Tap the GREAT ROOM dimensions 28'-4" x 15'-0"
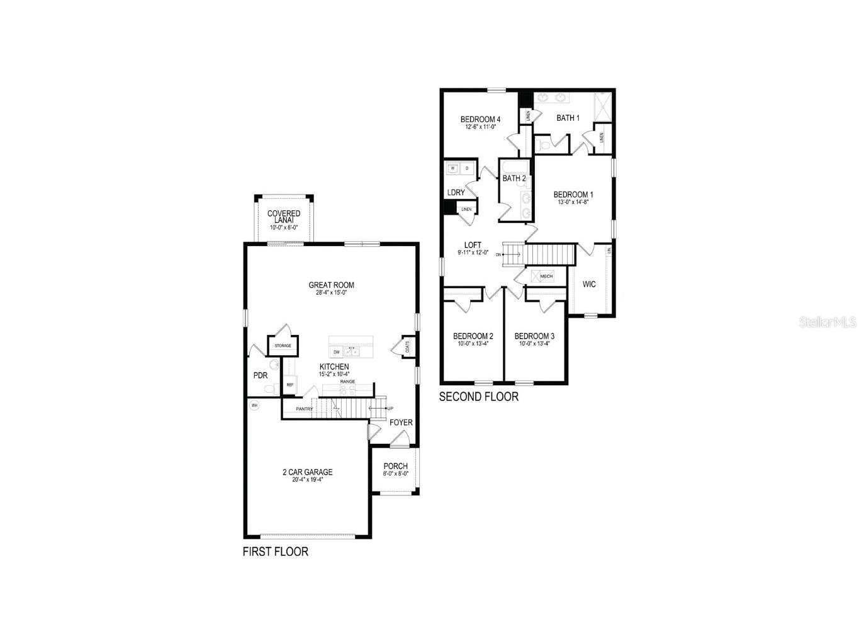(331, 293)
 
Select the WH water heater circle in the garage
(255, 405)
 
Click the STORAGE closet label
(283, 346)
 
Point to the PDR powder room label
(260, 376)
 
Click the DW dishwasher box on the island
(337, 352)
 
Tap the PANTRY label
(305, 409)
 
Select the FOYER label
(401, 422)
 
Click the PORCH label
(395, 466)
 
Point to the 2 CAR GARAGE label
(307, 472)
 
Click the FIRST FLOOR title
(276, 552)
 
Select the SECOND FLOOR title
(478, 397)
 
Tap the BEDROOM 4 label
(480, 119)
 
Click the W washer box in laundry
(452, 168)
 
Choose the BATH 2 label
(514, 178)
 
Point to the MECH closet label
(546, 276)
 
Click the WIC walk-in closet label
(589, 285)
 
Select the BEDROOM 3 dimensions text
(534, 344)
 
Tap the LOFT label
(473, 245)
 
